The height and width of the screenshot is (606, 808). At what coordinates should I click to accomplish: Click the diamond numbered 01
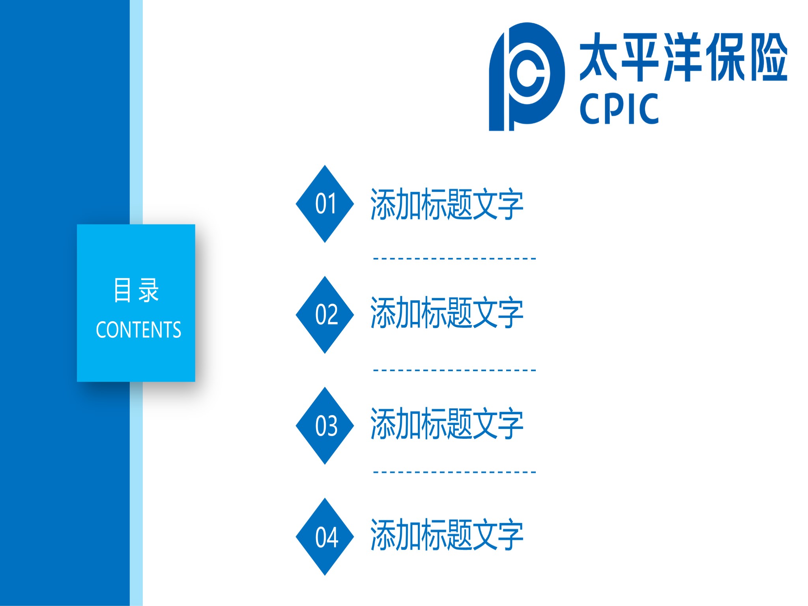tap(325, 204)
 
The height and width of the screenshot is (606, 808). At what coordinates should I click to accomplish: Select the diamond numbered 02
tap(325, 315)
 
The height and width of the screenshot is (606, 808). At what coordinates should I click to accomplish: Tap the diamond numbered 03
tap(325, 426)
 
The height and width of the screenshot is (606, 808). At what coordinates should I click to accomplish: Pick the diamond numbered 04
tap(325, 537)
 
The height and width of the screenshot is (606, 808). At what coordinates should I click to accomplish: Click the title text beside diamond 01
tap(447, 204)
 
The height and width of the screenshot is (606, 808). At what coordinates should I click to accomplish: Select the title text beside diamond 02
tap(447, 312)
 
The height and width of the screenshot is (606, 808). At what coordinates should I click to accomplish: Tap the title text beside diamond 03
tap(447, 423)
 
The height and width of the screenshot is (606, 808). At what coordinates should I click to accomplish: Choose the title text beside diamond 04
tap(447, 534)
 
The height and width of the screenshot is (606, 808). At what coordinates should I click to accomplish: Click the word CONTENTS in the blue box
tap(138, 330)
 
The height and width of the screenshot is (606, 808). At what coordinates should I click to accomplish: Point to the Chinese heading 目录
tap(136, 290)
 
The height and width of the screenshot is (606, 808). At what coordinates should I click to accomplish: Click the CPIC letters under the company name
tap(619, 108)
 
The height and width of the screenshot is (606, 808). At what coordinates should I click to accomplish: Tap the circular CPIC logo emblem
tap(527, 77)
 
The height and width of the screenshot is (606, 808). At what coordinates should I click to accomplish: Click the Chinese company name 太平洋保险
tap(683, 57)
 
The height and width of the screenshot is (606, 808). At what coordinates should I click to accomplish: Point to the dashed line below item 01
tap(454, 259)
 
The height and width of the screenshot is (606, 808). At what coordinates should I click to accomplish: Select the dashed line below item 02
tap(454, 370)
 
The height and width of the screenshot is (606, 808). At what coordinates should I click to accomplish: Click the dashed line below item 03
tap(454, 472)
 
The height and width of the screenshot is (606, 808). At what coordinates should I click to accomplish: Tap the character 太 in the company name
tap(599, 57)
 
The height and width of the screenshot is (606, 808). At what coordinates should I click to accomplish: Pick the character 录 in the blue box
tap(148, 290)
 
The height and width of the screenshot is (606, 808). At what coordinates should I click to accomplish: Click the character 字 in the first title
tap(511, 204)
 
